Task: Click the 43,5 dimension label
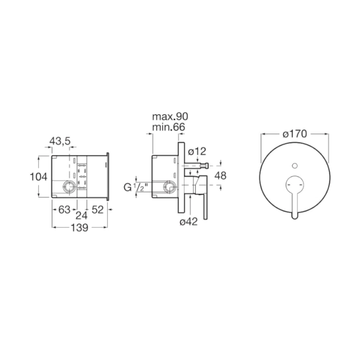click(60, 141)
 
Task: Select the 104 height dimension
click(39, 177)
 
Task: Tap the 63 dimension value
click(64, 209)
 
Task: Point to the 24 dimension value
click(82, 215)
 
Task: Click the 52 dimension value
click(98, 209)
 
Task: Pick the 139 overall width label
click(79, 228)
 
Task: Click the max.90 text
click(170, 116)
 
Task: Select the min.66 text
click(169, 127)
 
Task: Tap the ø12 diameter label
click(197, 152)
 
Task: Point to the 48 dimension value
click(221, 176)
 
